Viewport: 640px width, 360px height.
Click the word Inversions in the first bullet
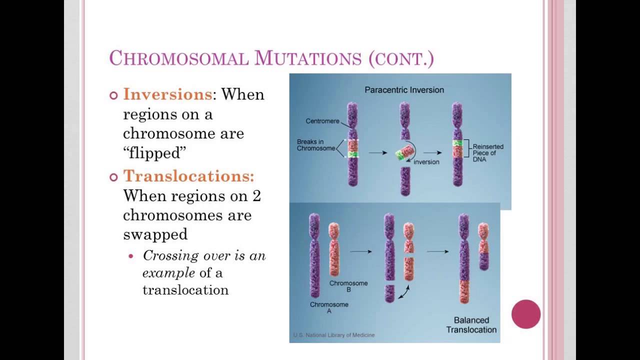click(x=167, y=94)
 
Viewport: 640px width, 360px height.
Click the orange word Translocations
click(x=188, y=176)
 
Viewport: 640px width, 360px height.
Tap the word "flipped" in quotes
click(x=154, y=153)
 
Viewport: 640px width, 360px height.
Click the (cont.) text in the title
click(x=401, y=58)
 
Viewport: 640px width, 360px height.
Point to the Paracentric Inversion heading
click(x=404, y=90)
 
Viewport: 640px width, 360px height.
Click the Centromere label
click(x=322, y=121)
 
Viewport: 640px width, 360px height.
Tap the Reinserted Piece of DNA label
click(x=488, y=152)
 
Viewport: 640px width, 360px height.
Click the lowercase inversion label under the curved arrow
click(x=426, y=162)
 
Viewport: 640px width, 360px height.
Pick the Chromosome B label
click(x=348, y=286)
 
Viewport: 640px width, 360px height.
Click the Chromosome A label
click(x=329, y=307)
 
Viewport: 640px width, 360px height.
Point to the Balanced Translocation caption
click(x=471, y=324)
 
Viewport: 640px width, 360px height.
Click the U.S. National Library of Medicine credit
click(x=333, y=335)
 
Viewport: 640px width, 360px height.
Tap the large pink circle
click(x=526, y=314)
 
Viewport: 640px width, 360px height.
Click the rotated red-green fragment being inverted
click(x=404, y=153)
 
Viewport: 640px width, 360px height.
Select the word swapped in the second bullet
click(x=155, y=234)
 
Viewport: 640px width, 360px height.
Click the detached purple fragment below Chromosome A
click(x=390, y=293)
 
